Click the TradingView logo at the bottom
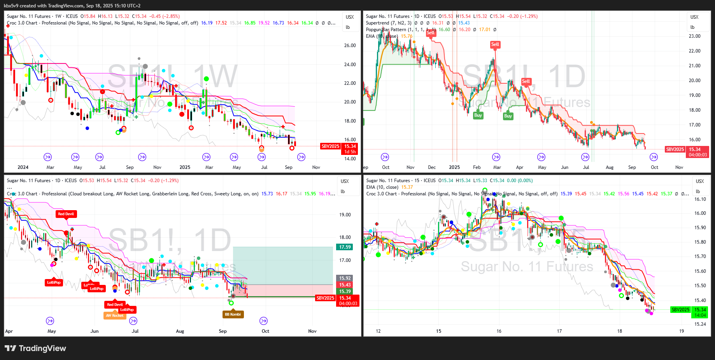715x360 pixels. pos(35,348)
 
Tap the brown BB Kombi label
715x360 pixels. pos(233,314)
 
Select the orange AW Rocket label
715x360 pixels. pos(114,316)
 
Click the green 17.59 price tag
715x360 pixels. pos(345,247)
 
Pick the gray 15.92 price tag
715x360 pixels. pos(345,278)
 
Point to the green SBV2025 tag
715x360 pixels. pos(680,310)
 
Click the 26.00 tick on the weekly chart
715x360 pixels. pos(350,46)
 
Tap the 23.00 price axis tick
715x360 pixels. pos(694,36)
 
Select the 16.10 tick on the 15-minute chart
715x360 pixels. pos(700,199)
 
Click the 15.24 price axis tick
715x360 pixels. pos(700,324)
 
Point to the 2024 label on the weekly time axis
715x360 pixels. pos(23,167)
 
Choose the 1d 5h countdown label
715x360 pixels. pos(350,152)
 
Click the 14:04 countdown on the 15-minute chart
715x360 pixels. pos(700,315)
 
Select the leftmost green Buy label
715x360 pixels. pos(478,115)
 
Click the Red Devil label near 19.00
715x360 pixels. pos(66,214)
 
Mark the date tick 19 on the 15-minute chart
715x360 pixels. pos(681,331)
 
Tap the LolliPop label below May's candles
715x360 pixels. pos(54,283)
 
